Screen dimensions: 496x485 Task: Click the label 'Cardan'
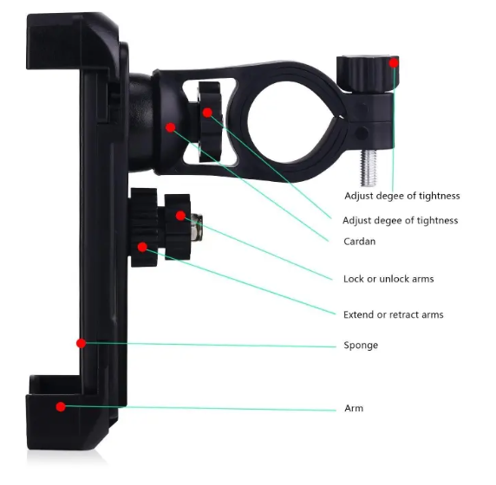coord(359,242)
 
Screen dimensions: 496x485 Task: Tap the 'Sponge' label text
coord(361,345)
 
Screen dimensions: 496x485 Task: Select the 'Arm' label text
coord(354,408)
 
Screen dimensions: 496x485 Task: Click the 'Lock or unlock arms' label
coord(388,279)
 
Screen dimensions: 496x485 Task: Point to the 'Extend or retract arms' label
coord(393,314)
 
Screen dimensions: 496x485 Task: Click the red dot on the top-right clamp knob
coord(394,63)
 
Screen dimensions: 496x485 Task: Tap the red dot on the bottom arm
coord(61,407)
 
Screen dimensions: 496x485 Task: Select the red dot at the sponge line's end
coord(81,343)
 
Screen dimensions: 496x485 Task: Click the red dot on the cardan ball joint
coord(171,127)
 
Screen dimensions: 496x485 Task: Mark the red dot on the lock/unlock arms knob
coord(180,216)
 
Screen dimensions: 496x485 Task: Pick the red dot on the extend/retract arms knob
coord(142,247)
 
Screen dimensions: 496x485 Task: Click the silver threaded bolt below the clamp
coord(369,167)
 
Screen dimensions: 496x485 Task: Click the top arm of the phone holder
coord(69,41)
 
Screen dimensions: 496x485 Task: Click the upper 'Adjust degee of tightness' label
coord(402,196)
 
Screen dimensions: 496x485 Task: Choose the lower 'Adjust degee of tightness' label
coord(400,220)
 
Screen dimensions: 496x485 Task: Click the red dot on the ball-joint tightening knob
coord(207,113)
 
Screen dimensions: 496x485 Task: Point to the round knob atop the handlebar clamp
coord(368,74)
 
